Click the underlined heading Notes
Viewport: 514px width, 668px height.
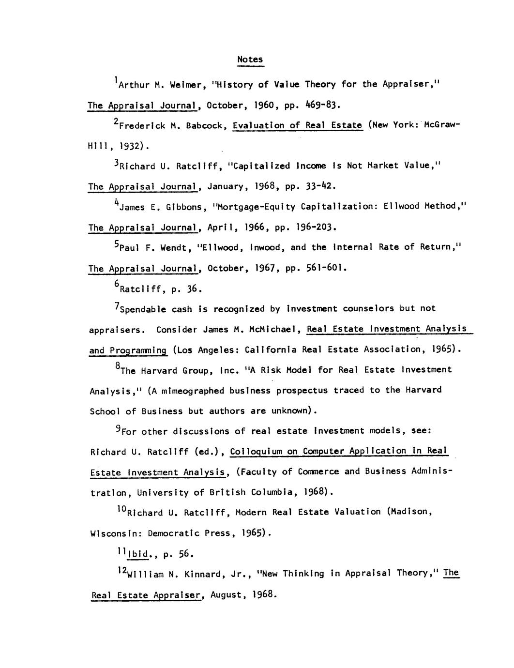tap(250, 59)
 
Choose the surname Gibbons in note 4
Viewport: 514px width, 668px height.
tap(181, 207)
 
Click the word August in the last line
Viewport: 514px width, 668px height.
tap(227, 594)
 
